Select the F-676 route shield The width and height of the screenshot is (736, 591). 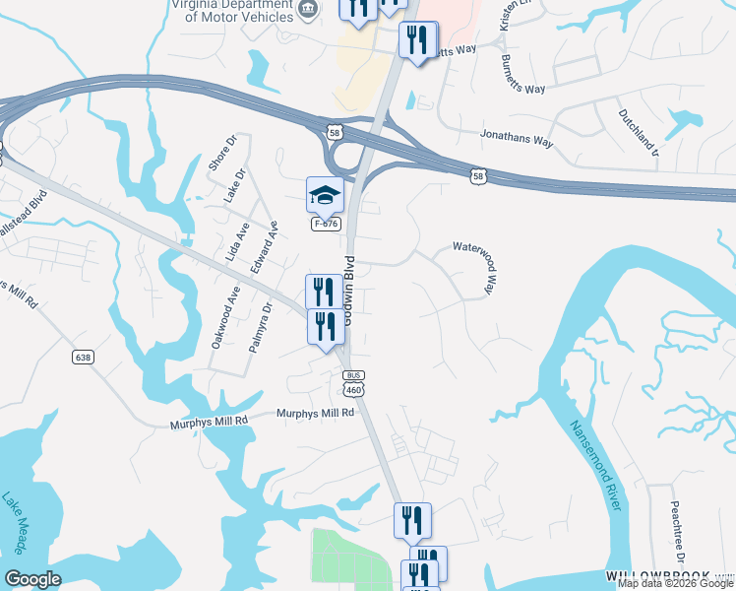click(x=326, y=225)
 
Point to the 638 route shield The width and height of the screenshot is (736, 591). click(x=83, y=357)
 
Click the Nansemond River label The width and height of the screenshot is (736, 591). click(x=596, y=464)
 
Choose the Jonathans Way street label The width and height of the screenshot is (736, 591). click(x=517, y=139)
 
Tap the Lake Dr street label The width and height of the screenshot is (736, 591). click(x=234, y=185)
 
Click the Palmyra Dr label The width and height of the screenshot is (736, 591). click(x=258, y=333)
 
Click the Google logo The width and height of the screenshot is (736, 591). click(x=31, y=579)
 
